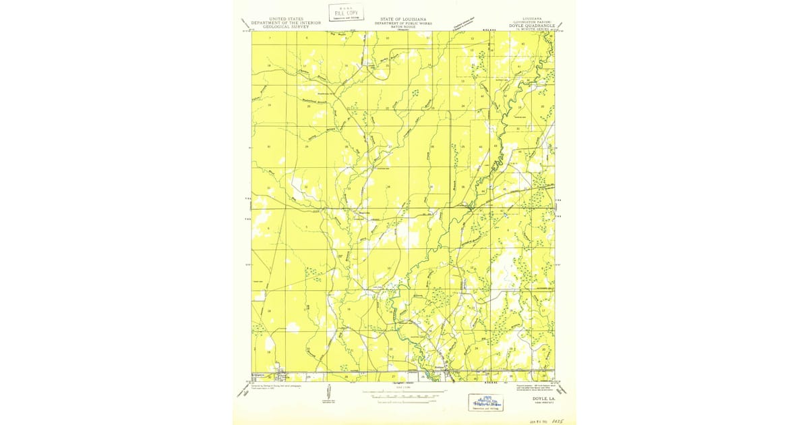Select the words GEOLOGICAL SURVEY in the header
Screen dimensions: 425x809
tap(286, 26)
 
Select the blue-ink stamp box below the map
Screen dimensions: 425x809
tap(485, 402)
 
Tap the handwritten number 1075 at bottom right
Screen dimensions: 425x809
tap(557, 419)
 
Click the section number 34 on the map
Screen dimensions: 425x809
tap(388, 187)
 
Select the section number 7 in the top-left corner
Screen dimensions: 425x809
tap(270, 38)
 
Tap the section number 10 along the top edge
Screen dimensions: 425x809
tap(388, 38)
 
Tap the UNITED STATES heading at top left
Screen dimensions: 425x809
tap(286, 19)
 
